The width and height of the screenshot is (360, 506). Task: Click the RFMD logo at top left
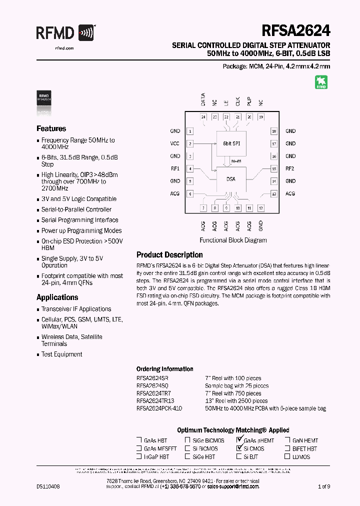click(x=65, y=33)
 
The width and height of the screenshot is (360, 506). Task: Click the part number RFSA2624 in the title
click(x=294, y=30)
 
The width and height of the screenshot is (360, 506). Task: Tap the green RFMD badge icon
click(x=320, y=82)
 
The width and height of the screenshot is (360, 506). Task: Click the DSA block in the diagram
click(x=231, y=179)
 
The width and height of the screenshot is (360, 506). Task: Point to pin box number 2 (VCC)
click(x=190, y=143)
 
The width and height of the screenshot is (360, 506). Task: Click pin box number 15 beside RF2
click(x=274, y=168)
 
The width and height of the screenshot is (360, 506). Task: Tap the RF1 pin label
click(x=175, y=168)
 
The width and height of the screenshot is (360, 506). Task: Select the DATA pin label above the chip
click(x=203, y=99)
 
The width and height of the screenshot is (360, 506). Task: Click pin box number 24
click(x=203, y=117)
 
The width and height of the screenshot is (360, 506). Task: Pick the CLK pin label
click(x=237, y=101)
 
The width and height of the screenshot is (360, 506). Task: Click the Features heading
click(x=51, y=128)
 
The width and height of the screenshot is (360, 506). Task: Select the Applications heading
click(x=57, y=297)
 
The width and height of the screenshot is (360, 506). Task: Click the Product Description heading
click(x=169, y=255)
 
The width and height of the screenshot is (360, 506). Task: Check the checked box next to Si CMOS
click(x=239, y=448)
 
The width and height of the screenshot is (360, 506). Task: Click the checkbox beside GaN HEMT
click(x=288, y=440)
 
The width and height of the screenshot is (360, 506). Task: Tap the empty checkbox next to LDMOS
click(x=288, y=456)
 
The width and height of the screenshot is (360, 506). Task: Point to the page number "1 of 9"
click(x=324, y=486)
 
